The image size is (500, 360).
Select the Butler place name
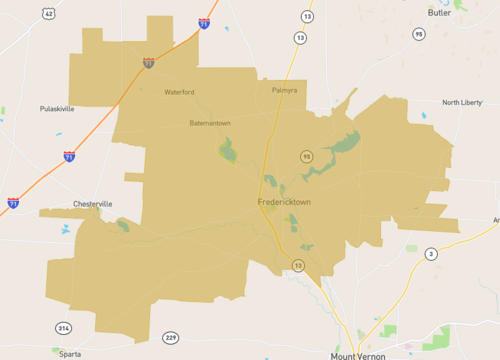pos(439,12)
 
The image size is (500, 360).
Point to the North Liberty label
pos(462,102)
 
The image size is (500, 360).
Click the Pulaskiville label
pos(57,108)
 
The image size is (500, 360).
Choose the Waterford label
pos(180,92)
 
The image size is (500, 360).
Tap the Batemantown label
pos(210,123)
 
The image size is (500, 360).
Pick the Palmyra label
pos(285,90)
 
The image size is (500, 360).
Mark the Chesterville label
pos(93,204)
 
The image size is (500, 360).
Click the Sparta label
pos(68,353)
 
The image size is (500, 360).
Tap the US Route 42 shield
pos(49,13)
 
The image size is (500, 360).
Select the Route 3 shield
pos(431,253)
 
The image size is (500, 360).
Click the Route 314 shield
pos(64,328)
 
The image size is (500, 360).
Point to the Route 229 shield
pos(171,337)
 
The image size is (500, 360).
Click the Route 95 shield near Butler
pos(418,34)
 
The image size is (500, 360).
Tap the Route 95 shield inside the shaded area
pos(307,156)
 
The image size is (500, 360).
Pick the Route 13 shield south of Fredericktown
pos(298,264)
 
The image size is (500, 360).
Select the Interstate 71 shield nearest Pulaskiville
pos(69,156)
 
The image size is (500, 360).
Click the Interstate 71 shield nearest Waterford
pos(148,63)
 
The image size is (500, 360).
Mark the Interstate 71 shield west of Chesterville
pos(13,203)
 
